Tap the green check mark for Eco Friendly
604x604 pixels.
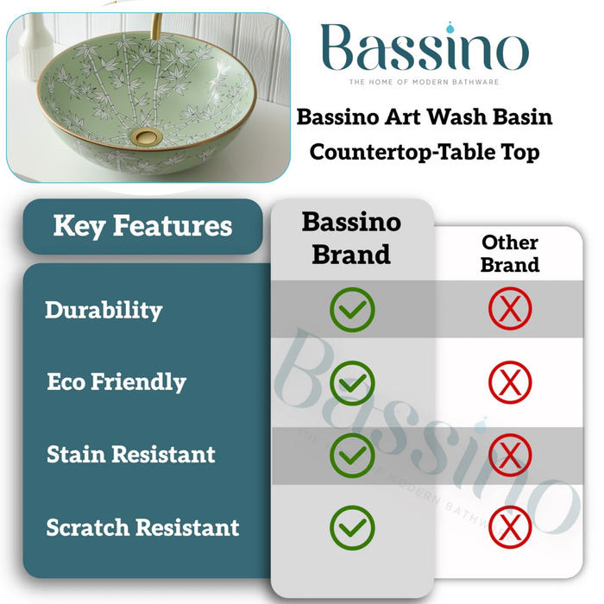point(352,381)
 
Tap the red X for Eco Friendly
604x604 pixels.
point(510,381)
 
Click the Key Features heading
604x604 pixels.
point(142,226)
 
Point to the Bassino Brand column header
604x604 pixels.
point(351,237)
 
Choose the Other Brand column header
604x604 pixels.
point(509,253)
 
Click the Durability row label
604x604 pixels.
point(104,310)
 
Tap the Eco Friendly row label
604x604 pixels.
point(116,381)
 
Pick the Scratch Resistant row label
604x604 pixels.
point(143,526)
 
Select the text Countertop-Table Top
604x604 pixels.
point(425,152)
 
